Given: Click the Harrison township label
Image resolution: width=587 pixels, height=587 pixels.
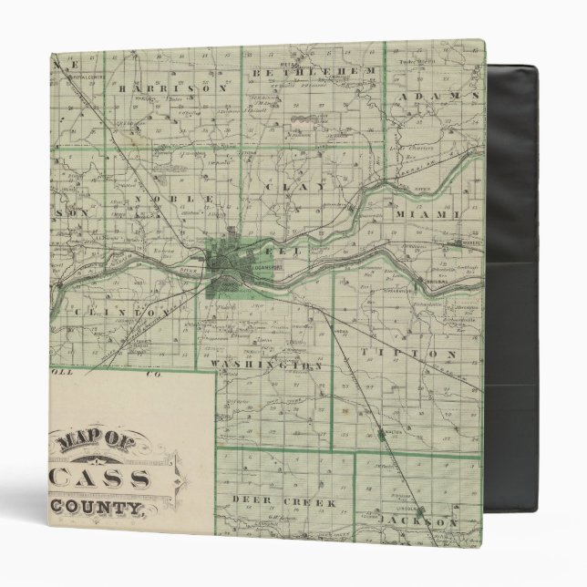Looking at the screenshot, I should coord(171,88).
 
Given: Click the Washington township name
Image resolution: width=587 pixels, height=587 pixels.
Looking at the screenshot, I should coord(267,364).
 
